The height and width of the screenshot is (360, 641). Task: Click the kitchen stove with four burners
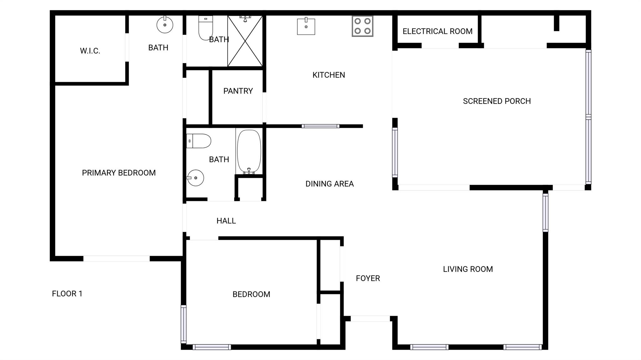[x=362, y=26]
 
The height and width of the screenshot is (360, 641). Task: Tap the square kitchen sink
[x=306, y=26]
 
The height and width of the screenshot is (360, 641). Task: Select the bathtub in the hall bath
[x=249, y=152]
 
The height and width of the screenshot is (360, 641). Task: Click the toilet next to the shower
[x=206, y=28]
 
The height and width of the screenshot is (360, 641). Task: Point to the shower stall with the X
[x=245, y=41]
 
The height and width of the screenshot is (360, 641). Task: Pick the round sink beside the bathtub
[x=195, y=178]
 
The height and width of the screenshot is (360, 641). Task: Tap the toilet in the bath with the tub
[x=198, y=141]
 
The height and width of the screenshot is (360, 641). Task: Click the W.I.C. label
[x=90, y=51]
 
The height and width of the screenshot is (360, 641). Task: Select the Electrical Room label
[x=438, y=31]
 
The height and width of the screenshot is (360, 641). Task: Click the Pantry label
[x=238, y=91]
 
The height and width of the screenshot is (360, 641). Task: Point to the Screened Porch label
[x=497, y=101]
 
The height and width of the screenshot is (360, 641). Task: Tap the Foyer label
[x=368, y=278]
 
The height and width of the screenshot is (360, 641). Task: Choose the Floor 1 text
[x=67, y=294]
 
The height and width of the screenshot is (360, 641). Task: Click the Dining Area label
[x=330, y=184]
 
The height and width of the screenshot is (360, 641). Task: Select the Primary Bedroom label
[x=119, y=173]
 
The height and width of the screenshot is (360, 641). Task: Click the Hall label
[x=226, y=221]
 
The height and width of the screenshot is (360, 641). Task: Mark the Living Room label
[x=468, y=269]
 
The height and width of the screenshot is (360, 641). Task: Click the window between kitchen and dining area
[x=320, y=126]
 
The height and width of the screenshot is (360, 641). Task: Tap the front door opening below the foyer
[x=370, y=319]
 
